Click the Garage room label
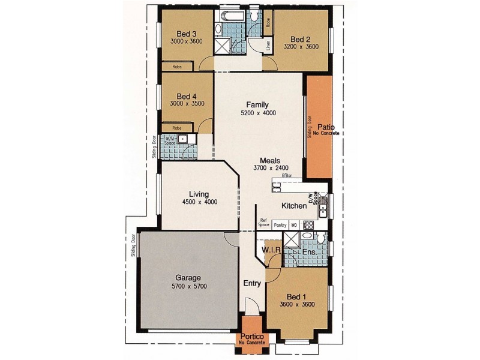(x=187, y=278)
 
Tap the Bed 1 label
(x=296, y=296)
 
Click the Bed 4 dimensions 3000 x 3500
(x=187, y=103)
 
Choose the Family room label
(x=257, y=104)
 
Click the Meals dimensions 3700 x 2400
(x=271, y=168)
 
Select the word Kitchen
(x=294, y=206)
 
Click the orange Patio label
(x=326, y=127)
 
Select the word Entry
(x=251, y=283)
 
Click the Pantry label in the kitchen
(x=280, y=225)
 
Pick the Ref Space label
(x=263, y=223)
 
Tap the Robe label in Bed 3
(x=177, y=67)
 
